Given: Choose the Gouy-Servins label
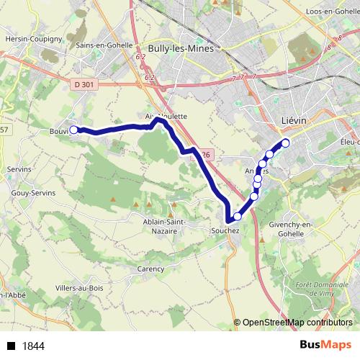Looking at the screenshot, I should pyautogui.click(x=30, y=193).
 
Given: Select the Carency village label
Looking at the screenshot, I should pyautogui.click(x=150, y=269).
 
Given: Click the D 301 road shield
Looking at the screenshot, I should pyautogui.click(x=84, y=85).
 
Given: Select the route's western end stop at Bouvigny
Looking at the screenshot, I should pyautogui.click(x=73, y=130).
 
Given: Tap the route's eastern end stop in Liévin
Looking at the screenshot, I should pyautogui.click(x=285, y=143).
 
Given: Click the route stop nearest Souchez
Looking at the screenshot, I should pyautogui.click(x=238, y=216).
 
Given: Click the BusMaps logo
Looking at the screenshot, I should pyautogui.click(x=325, y=345).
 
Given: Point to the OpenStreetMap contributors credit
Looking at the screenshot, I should pyautogui.click(x=297, y=323).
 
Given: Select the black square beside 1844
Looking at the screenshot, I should pyautogui.click(x=12, y=346).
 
